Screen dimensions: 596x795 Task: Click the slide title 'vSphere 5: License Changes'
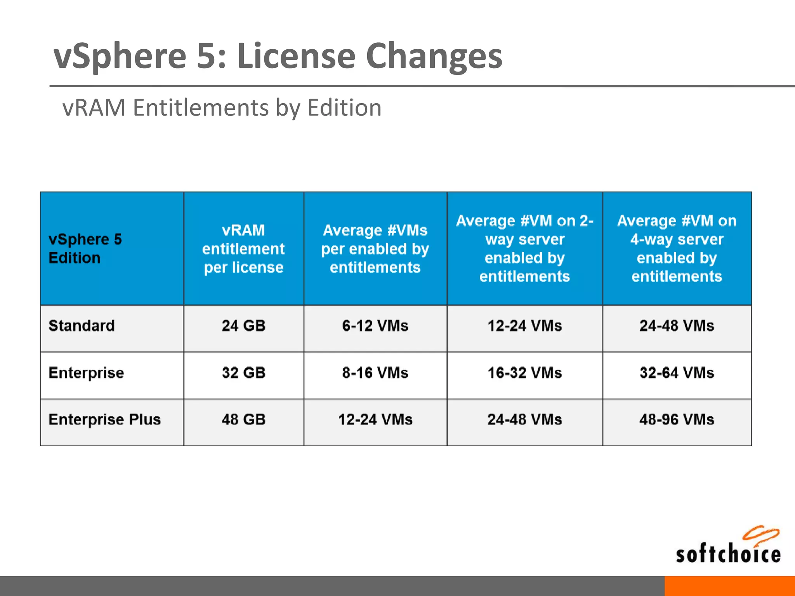[x=278, y=56]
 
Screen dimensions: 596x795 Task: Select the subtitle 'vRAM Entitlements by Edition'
[x=222, y=107]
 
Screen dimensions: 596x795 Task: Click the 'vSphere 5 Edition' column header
[x=85, y=248]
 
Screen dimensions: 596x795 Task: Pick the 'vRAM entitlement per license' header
[x=243, y=249]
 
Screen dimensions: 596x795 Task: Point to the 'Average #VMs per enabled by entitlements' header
[x=375, y=249]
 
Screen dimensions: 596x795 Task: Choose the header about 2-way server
[x=524, y=248]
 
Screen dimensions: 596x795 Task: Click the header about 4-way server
[x=677, y=248]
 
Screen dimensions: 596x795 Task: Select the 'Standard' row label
[x=82, y=326]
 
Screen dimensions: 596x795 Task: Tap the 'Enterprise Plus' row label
[x=104, y=419]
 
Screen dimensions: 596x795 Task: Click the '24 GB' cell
[x=243, y=326]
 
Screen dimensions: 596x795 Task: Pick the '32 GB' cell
[x=243, y=373]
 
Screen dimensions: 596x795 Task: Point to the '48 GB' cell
[x=243, y=419]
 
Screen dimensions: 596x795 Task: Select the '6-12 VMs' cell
[x=375, y=326]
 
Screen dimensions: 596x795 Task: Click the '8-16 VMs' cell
[x=375, y=373]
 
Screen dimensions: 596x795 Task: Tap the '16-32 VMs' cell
[x=524, y=373]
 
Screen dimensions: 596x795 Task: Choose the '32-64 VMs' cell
[x=677, y=373]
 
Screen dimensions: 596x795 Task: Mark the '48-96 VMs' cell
[x=677, y=419]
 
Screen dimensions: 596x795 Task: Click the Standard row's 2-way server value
[x=524, y=326]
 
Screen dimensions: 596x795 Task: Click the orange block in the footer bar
[x=729, y=586]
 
